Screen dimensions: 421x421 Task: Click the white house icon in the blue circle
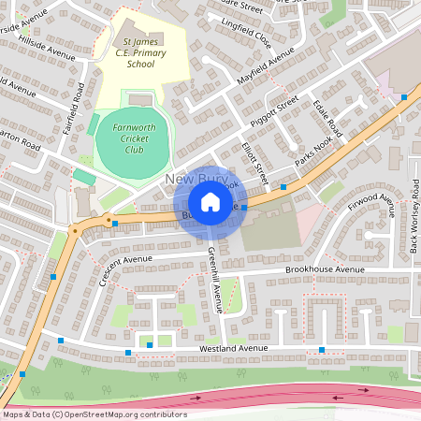[x=210, y=203]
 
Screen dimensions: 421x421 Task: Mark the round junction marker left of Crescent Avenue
[x=73, y=229]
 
